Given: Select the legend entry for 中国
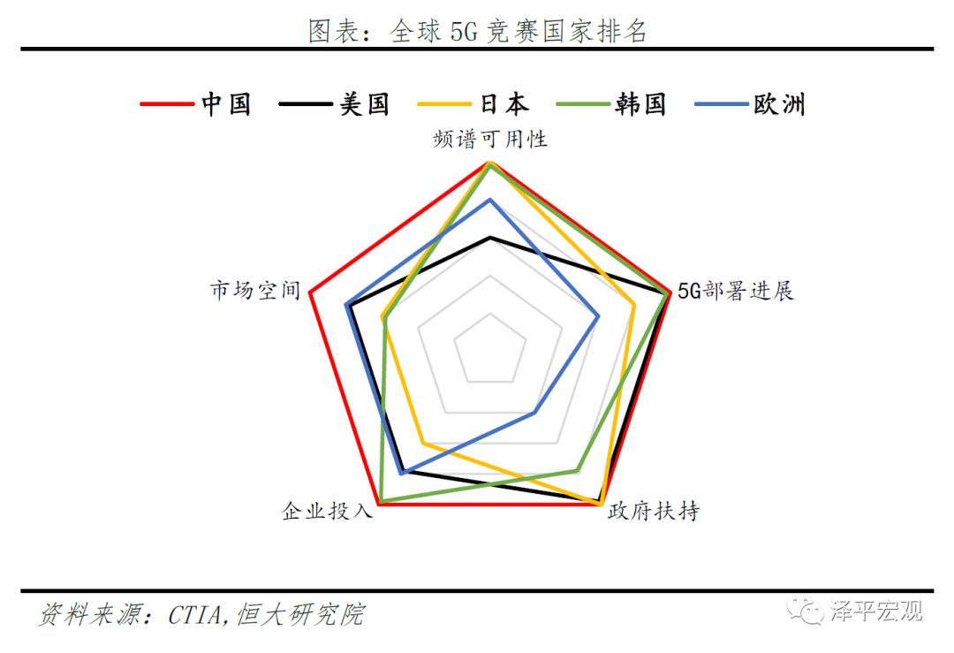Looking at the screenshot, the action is click(195, 104).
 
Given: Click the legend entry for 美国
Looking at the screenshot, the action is click(334, 104).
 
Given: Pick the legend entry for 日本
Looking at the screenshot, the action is click(473, 104).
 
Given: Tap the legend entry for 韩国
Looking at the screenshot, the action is click(611, 104).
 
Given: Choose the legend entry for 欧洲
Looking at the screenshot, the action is click(750, 104).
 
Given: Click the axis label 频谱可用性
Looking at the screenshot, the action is click(490, 140).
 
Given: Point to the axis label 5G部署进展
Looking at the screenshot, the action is click(736, 291).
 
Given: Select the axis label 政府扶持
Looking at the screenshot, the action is click(654, 510).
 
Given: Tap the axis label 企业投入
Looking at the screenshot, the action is click(328, 510).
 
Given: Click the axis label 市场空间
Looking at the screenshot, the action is click(255, 291).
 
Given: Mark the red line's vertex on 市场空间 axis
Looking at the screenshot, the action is click(310, 292).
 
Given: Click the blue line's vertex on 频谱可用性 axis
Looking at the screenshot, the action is click(490, 200).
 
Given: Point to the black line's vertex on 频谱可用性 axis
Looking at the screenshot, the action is click(490, 238).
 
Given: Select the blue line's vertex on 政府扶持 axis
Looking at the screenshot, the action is click(534, 414).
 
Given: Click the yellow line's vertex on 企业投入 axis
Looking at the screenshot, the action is click(423, 443).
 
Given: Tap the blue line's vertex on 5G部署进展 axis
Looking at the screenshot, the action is click(599, 315).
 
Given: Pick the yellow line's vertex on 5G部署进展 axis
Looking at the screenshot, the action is click(634, 304).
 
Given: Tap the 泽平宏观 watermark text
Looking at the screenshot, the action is click(877, 611).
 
